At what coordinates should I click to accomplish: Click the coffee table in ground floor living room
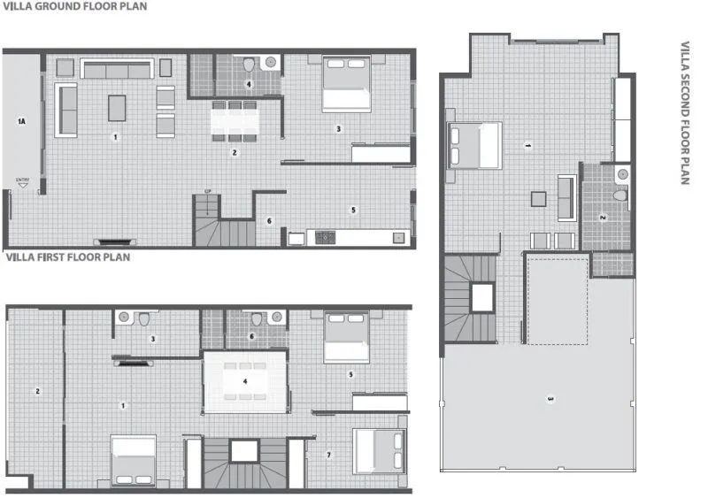[x=117, y=107]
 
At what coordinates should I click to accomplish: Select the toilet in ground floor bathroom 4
[x=249, y=65]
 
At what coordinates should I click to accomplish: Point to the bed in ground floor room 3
[x=345, y=84]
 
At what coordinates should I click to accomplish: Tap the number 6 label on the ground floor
[x=269, y=220]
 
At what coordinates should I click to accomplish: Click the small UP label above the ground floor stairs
[x=207, y=191]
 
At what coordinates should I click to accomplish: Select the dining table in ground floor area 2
[x=235, y=119]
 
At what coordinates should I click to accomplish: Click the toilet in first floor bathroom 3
[x=139, y=320]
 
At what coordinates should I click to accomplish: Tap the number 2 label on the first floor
[x=37, y=391]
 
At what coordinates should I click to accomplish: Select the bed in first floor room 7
[x=379, y=451]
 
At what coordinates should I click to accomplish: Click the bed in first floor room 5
[x=346, y=338]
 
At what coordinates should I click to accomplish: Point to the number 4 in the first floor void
[x=246, y=381]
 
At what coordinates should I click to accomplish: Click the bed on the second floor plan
[x=475, y=144]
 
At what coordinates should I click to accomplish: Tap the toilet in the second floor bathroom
[x=620, y=194]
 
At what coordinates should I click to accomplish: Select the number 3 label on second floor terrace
[x=550, y=399]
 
